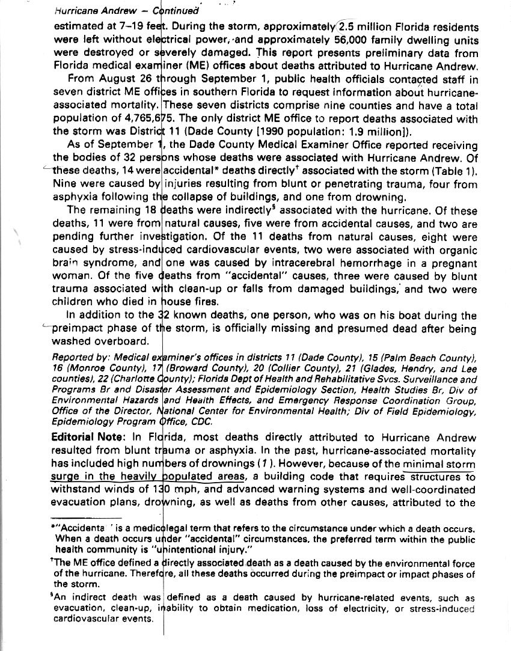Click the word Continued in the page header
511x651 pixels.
pyautogui.click(x=176, y=11)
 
